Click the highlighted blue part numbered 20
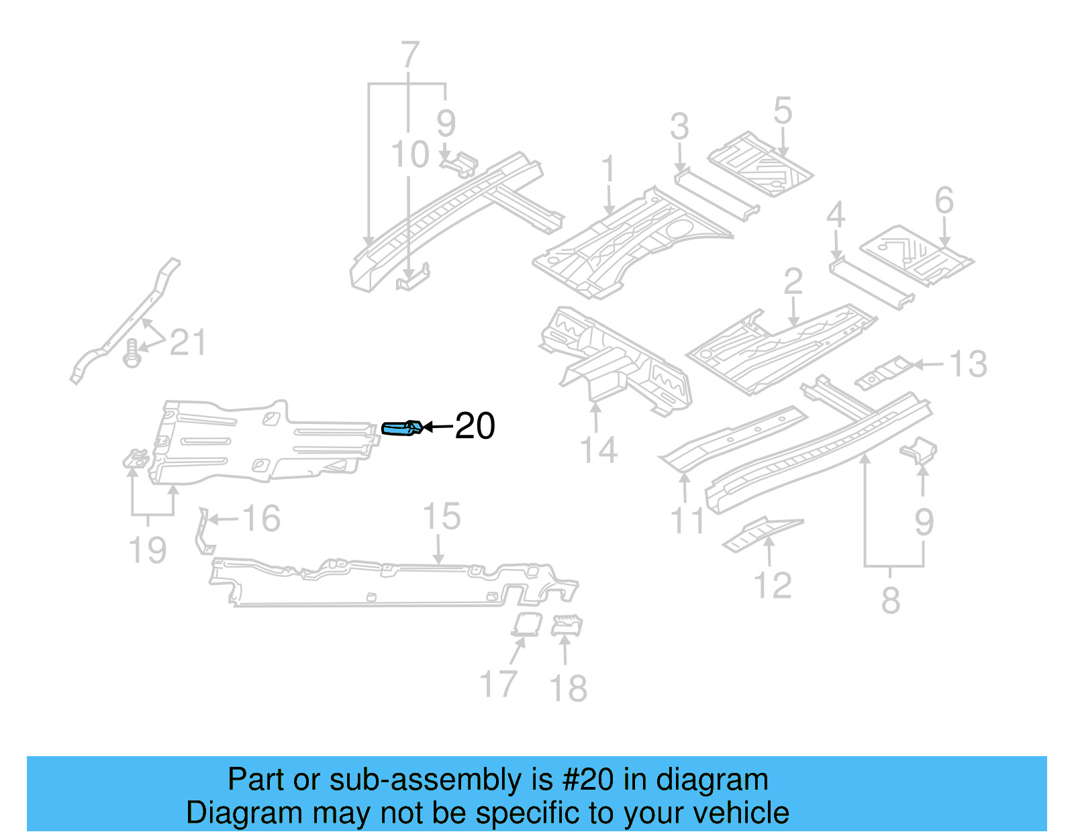coord(401,428)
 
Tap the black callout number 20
coord(475,426)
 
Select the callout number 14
coord(597,450)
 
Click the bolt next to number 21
coord(132,353)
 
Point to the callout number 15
coord(441,517)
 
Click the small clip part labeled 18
coord(567,626)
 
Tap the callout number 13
coord(967,364)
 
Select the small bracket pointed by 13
coord(884,372)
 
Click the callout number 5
coord(782,111)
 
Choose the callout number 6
coord(944,201)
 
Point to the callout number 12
coord(773,586)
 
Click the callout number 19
coord(147,550)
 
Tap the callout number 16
coord(260,519)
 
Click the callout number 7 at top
coord(409,55)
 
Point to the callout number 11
coord(687,520)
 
